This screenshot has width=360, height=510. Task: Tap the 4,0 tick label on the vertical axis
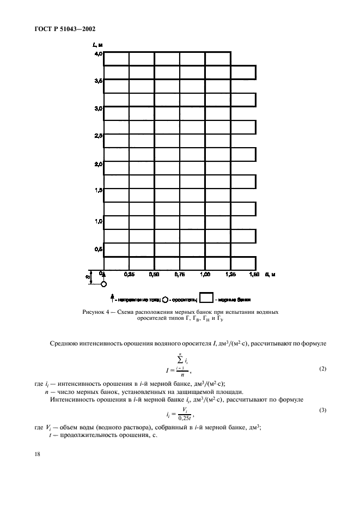97,54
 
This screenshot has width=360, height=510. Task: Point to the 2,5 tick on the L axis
97,136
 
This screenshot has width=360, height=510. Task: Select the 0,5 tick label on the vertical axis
97,248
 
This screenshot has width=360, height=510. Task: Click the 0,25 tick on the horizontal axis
129,275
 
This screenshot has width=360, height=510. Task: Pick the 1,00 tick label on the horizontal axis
205,275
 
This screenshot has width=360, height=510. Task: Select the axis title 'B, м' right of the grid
270,275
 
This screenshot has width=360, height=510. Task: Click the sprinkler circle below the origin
103,284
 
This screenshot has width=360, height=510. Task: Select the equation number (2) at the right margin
322,369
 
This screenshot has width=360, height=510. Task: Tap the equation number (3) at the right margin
322,410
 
